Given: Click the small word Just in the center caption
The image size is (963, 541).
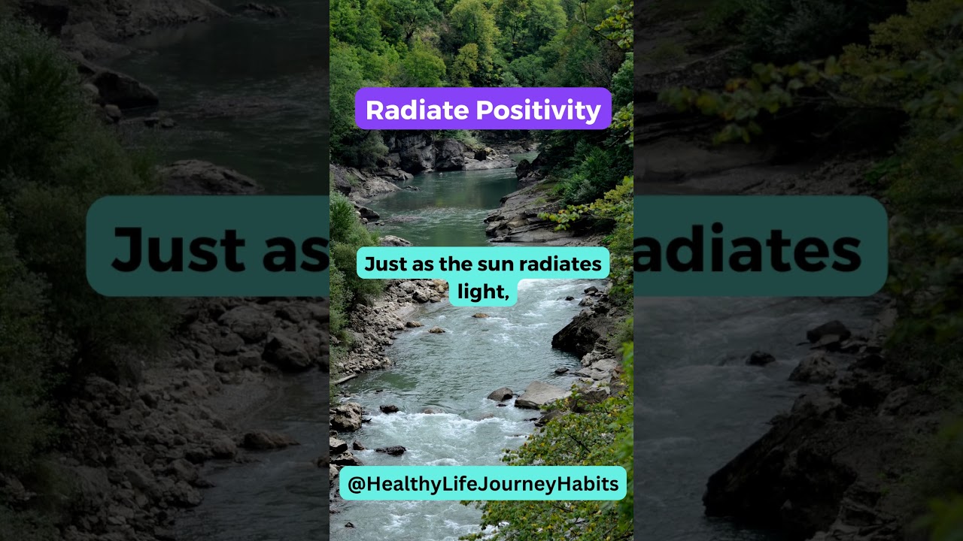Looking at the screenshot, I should click(x=381, y=264).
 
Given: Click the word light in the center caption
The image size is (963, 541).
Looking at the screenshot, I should click(x=479, y=292).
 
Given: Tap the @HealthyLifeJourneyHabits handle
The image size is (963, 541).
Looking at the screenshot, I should click(x=483, y=484).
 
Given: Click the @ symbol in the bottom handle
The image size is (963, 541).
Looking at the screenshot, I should click(x=356, y=484).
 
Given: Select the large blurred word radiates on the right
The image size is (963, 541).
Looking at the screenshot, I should click(x=749, y=248).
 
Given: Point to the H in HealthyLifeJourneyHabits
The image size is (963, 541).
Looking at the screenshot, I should click(x=371, y=484).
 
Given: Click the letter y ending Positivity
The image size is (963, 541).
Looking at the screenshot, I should click(x=595, y=113).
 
